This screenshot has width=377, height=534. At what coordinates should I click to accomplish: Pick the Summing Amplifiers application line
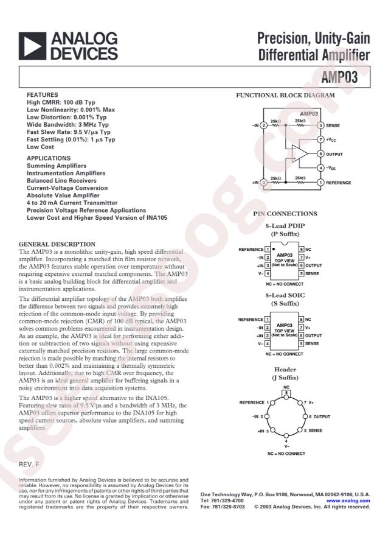57,166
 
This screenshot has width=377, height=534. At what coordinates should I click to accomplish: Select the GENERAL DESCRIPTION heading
57,244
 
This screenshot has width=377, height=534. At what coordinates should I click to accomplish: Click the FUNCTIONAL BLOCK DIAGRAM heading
285,96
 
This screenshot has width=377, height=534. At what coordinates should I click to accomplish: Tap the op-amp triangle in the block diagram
300,154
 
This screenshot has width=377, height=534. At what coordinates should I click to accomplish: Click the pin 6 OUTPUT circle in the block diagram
320,154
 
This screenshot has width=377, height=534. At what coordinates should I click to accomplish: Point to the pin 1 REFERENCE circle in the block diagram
320,181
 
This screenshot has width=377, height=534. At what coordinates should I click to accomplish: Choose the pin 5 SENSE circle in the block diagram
320,125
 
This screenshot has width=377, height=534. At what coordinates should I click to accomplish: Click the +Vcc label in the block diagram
333,139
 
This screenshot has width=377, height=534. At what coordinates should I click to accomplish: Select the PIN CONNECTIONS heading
285,214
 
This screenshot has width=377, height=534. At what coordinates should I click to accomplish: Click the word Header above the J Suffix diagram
285,370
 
